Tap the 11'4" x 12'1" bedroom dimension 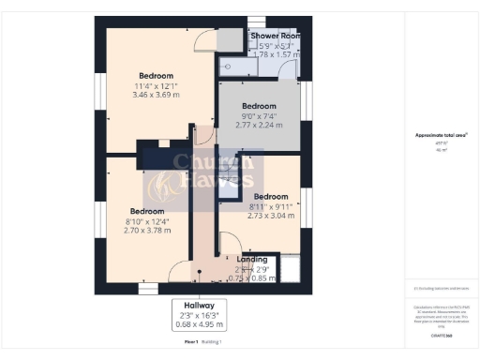click(157, 86)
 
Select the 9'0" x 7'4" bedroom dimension click(259, 116)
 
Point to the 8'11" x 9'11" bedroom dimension click(271, 206)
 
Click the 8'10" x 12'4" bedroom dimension click(148, 221)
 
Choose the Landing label click(252, 259)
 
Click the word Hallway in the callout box click(199, 306)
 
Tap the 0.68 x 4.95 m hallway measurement click(199, 324)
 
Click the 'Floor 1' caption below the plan click(192, 344)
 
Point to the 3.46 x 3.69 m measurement click(157, 96)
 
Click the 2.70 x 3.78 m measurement click(148, 232)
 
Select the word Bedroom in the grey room click(259, 106)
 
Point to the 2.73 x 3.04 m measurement click(271, 216)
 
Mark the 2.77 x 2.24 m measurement click(259, 126)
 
